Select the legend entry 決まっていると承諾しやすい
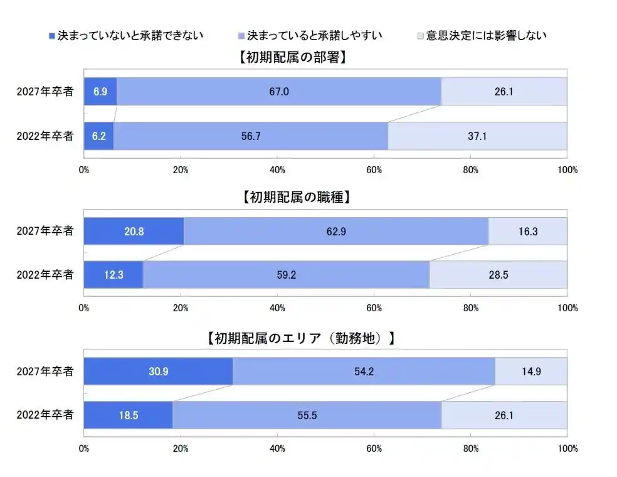pos(314,35)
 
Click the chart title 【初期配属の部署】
pos(293,58)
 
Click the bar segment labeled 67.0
pos(278,92)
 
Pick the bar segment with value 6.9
pos(100,92)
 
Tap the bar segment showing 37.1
pos(477,136)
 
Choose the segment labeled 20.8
pos(134,231)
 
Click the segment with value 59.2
pos(286,275)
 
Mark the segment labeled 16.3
pos(528,231)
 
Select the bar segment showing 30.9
pos(158,372)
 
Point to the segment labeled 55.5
pos(307,415)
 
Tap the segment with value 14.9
pos(531,372)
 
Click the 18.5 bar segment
pos(128,415)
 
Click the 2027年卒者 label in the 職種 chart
pos(45,231)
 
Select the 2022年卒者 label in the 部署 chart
pos(45,136)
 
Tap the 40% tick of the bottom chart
pos(277,449)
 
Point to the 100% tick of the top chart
pos(567,169)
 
